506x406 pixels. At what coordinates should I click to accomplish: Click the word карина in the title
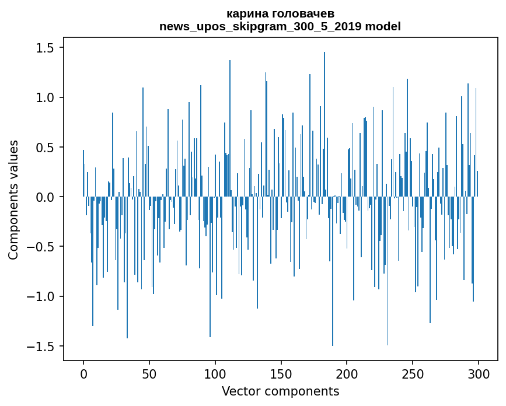tap(246, 14)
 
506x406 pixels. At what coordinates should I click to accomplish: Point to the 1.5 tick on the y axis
tap(46, 48)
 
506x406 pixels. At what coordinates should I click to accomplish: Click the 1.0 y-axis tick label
tap(46, 97)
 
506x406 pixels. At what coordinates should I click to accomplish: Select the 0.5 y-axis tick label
tap(46, 148)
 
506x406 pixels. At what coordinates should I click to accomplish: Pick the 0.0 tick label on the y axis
tap(46, 197)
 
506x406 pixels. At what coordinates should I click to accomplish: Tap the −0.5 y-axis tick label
tap(42, 247)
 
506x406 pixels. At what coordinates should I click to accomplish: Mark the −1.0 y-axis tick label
tap(42, 297)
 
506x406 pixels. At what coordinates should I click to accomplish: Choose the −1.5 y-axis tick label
tap(42, 346)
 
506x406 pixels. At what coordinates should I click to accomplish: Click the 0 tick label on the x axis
tap(83, 372)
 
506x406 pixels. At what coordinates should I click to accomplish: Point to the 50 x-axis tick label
tap(149, 372)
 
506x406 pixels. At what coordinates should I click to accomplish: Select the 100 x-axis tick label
tap(215, 372)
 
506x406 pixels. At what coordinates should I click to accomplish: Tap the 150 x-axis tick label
tap(281, 372)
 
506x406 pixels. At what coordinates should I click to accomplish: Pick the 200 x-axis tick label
tap(347, 372)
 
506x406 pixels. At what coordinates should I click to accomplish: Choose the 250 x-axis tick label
tap(413, 372)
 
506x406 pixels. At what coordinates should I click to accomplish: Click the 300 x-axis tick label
tap(479, 372)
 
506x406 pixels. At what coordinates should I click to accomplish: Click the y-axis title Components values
tap(13, 199)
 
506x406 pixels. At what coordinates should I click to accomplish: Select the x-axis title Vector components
tap(280, 391)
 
